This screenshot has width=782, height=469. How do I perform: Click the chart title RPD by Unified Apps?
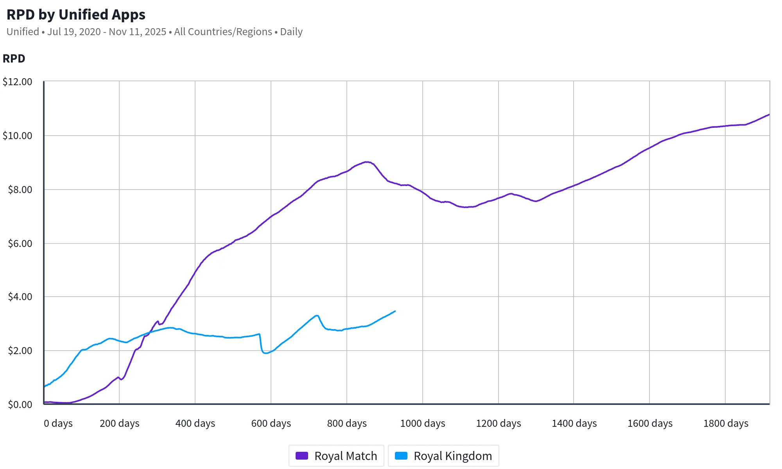click(76, 14)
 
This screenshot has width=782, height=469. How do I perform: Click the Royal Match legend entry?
click(336, 456)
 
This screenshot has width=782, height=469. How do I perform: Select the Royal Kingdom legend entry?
click(443, 456)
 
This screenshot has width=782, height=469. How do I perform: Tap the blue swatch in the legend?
click(401, 456)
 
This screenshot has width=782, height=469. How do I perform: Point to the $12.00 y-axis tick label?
click(18, 82)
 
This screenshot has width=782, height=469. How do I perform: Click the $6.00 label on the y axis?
click(20, 243)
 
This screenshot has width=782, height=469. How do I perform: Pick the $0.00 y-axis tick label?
click(20, 405)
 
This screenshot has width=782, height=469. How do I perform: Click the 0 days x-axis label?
click(58, 423)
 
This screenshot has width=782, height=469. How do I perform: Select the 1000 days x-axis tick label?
click(423, 423)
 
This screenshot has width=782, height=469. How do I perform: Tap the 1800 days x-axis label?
click(726, 423)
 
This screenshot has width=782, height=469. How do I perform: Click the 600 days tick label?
click(271, 423)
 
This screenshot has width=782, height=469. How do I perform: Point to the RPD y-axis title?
click(14, 59)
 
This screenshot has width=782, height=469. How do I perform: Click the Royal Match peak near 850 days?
click(366, 162)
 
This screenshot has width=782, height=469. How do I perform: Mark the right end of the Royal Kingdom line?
click(395, 311)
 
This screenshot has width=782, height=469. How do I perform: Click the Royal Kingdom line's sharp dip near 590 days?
click(266, 353)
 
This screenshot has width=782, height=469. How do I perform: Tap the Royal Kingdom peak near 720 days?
click(317, 315)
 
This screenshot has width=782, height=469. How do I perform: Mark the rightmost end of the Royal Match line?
click(769, 115)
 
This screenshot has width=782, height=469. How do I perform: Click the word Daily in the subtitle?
click(291, 32)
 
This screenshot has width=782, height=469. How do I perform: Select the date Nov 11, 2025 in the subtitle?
click(137, 32)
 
